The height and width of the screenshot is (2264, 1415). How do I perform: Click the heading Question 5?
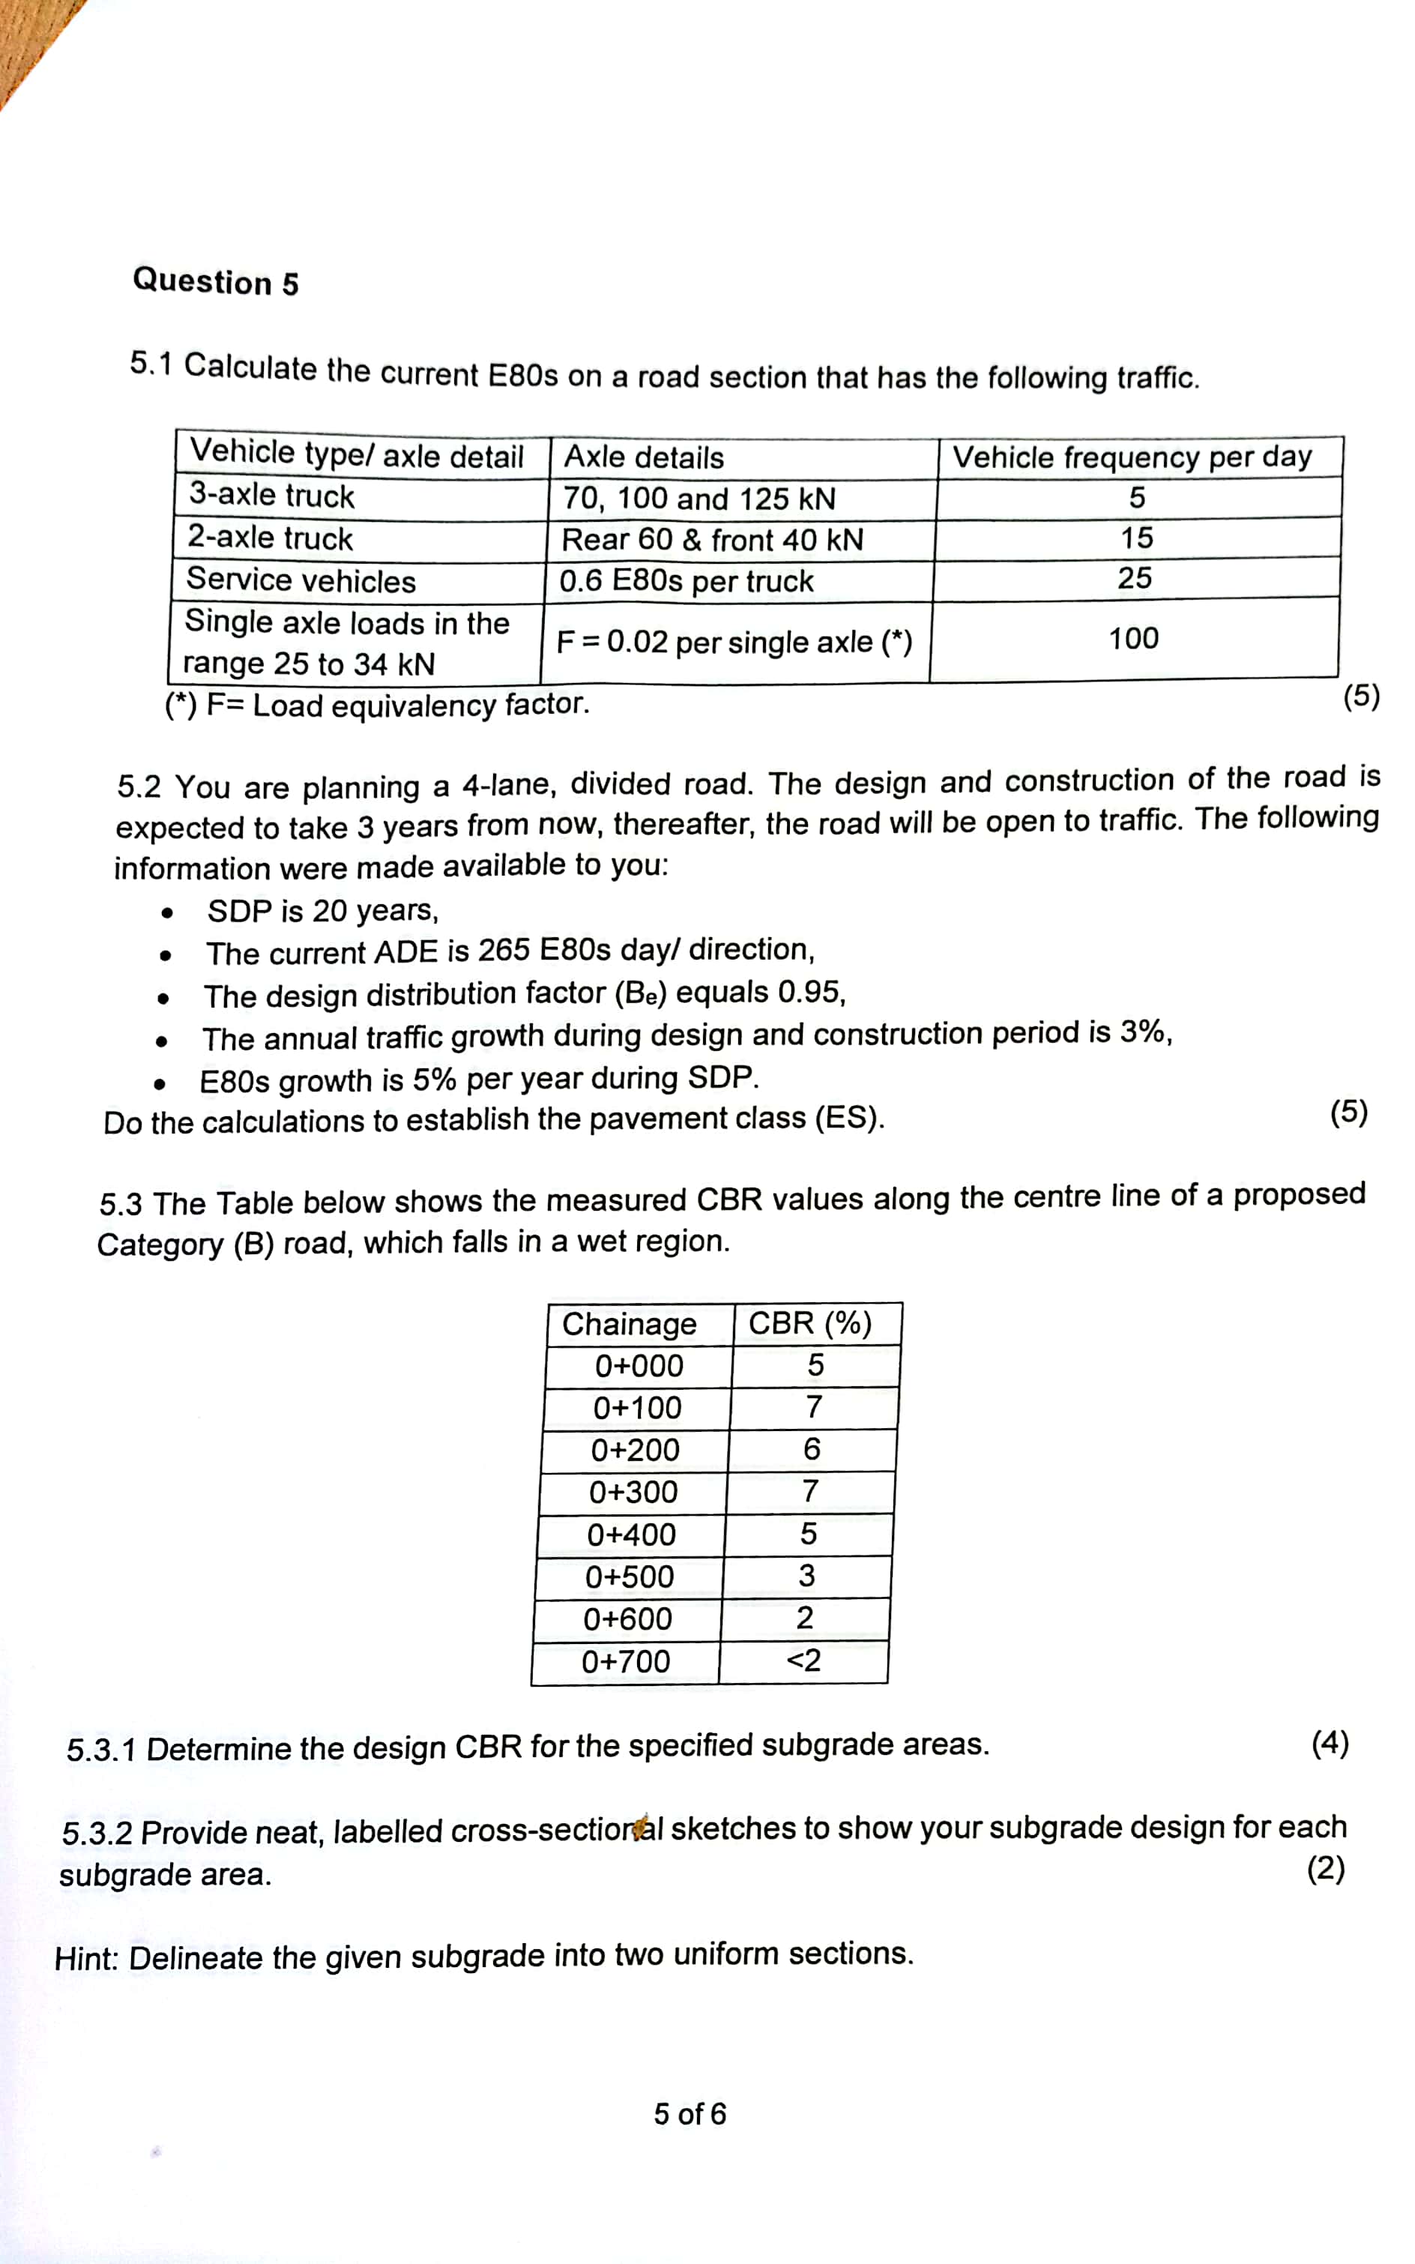point(215,282)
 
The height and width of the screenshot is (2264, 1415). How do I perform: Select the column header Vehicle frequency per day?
point(1132,457)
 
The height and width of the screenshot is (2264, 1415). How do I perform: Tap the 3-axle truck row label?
point(271,495)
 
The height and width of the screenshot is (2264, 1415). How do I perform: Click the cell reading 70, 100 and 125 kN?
point(699,499)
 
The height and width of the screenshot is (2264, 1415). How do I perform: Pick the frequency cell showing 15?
point(1137,538)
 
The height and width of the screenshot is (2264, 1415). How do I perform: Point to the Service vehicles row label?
point(301,580)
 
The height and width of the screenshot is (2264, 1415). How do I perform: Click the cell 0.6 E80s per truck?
point(686,581)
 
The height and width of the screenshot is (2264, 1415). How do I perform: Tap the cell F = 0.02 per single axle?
point(734,642)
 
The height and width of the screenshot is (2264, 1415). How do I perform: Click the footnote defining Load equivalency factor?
point(377,705)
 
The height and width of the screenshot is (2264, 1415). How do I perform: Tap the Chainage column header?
point(629,1323)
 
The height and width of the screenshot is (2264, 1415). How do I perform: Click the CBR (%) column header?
point(809,1322)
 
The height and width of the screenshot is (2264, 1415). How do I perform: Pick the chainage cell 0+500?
point(629,1577)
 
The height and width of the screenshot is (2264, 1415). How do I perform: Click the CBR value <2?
point(803,1661)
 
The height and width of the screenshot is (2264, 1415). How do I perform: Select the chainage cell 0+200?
point(635,1450)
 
